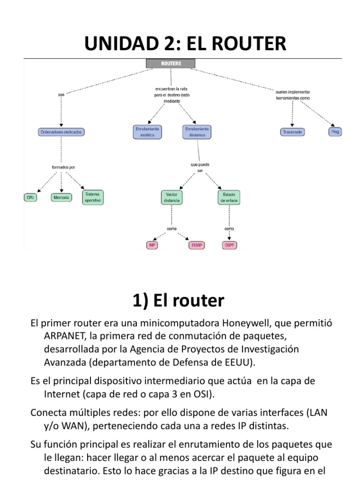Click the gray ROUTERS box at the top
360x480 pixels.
(171, 63)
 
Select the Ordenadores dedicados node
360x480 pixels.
(61, 132)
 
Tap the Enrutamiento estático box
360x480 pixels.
(148, 132)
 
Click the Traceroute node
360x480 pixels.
(292, 132)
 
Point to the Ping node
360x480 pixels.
(335, 132)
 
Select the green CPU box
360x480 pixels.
(30, 197)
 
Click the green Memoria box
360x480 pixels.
(61, 197)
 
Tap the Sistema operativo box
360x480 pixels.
(92, 197)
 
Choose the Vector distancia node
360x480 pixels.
(172, 197)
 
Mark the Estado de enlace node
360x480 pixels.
(229, 197)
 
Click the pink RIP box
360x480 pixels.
(152, 245)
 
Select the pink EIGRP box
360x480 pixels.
(196, 245)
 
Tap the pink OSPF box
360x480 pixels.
(228, 245)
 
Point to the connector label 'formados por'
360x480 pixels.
(63, 167)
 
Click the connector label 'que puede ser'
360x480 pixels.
(200, 168)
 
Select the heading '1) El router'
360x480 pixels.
(178, 300)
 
